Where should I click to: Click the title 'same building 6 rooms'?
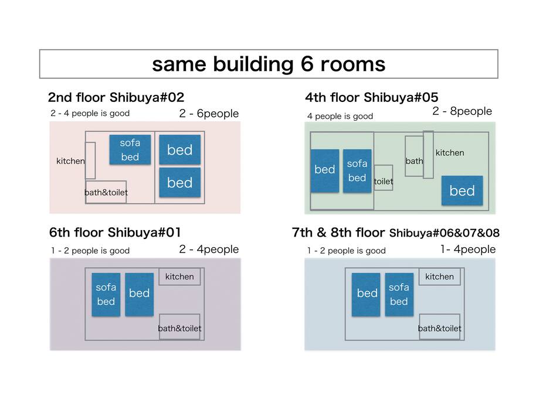(x=269, y=64)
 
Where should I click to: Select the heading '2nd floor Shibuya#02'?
(x=116, y=98)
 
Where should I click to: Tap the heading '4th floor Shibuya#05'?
(x=372, y=98)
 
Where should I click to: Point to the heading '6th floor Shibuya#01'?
(x=115, y=233)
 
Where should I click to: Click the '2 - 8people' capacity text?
(x=462, y=111)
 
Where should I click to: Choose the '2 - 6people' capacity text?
(x=209, y=114)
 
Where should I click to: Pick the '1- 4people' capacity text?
(x=468, y=249)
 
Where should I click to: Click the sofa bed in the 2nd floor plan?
(x=130, y=149)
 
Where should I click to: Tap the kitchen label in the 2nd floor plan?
(x=70, y=161)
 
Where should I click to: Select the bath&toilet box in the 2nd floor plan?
(x=106, y=192)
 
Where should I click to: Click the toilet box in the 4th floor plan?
(x=383, y=178)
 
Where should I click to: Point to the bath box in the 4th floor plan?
(x=414, y=156)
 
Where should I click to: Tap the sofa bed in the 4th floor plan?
(x=357, y=171)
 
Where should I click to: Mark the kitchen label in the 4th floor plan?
(x=450, y=153)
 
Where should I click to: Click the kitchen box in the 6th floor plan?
(x=179, y=277)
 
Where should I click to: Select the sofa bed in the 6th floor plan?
(x=106, y=295)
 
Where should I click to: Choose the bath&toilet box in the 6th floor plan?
(x=180, y=327)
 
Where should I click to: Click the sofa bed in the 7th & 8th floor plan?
(x=399, y=295)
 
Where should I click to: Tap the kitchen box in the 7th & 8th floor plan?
(x=440, y=277)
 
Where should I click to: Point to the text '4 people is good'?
(x=340, y=117)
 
